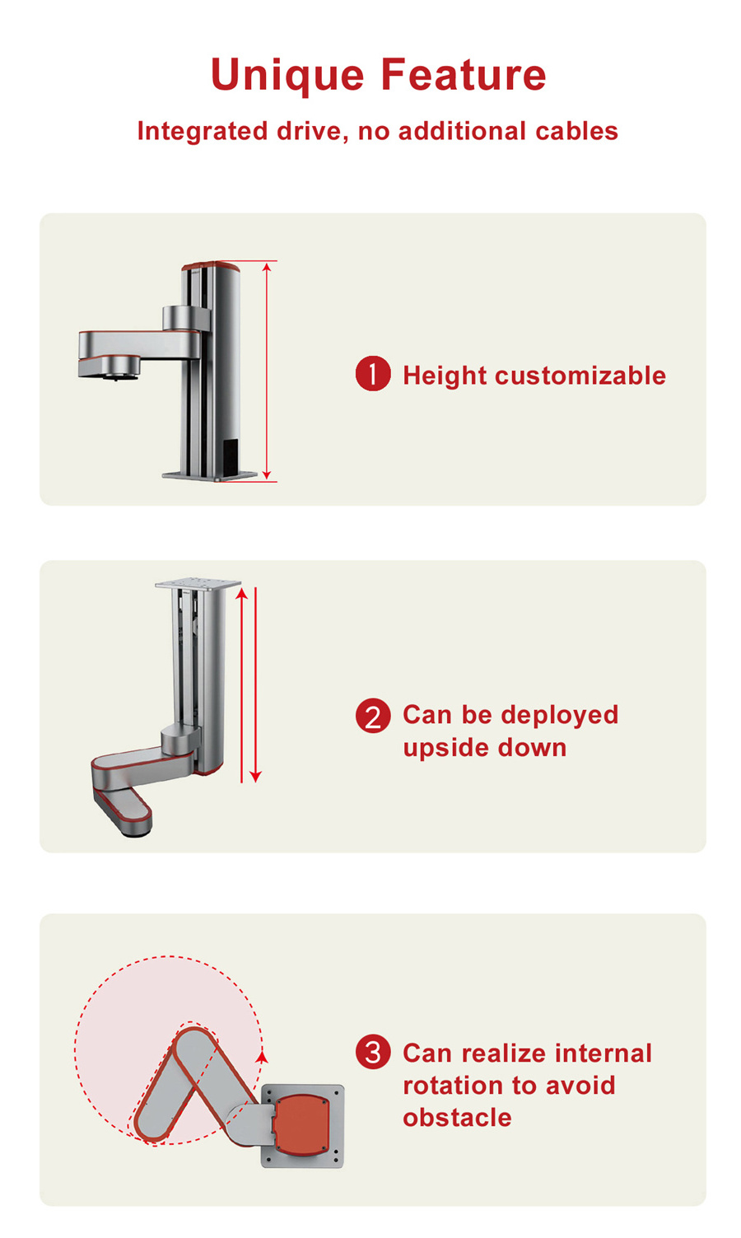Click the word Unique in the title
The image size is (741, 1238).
(x=287, y=76)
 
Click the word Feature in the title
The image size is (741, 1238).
(x=464, y=74)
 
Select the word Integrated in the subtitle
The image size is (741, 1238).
(x=203, y=132)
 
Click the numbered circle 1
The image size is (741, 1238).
(x=373, y=374)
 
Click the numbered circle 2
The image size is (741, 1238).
(x=373, y=716)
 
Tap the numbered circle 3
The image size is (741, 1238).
(x=373, y=1052)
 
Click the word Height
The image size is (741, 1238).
(x=445, y=376)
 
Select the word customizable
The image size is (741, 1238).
(x=580, y=376)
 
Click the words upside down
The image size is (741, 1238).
(x=485, y=749)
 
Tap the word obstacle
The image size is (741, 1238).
(x=457, y=1118)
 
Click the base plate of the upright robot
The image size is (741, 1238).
(x=210, y=475)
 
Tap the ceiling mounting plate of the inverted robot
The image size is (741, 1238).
(x=198, y=584)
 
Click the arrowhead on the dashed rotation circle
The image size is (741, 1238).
(x=263, y=1057)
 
